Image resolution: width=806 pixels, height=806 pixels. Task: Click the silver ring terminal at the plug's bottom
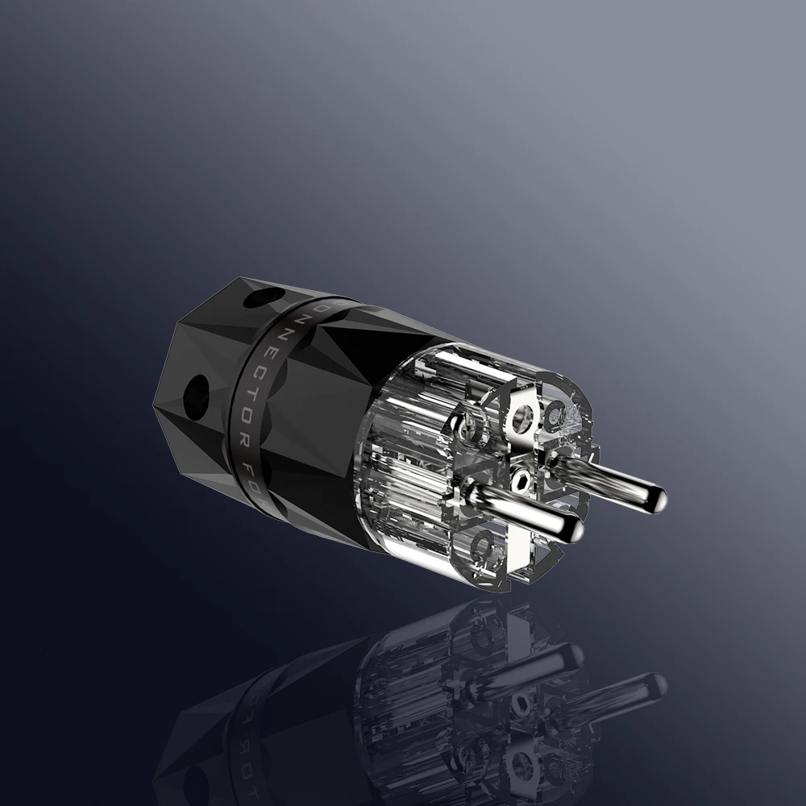483,551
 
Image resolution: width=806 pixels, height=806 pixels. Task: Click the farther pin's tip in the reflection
656,686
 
